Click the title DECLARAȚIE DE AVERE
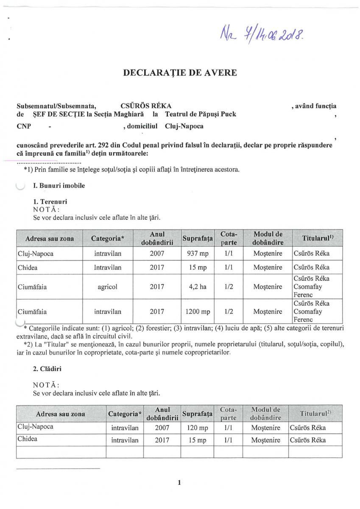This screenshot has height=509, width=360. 180,73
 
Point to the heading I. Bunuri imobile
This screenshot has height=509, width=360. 59,185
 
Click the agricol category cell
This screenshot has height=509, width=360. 108,287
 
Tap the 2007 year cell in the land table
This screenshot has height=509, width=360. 157,254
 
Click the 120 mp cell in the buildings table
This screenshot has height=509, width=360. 196,428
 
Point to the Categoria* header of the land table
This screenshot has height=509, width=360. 108,238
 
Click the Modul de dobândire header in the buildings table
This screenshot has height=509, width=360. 266,414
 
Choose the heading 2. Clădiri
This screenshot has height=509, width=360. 47,369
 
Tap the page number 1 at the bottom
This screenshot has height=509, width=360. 180,482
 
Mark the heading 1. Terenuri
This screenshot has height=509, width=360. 50,201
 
